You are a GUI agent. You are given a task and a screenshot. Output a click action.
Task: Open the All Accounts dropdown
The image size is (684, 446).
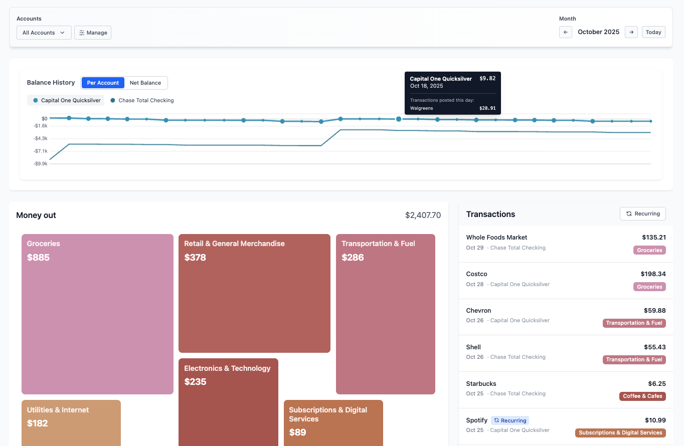pyautogui.click(x=44, y=33)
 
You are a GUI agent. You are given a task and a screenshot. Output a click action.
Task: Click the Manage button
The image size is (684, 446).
pyautogui.click(x=93, y=33)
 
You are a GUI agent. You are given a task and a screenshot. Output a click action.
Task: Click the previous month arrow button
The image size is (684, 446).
pyautogui.click(x=565, y=32)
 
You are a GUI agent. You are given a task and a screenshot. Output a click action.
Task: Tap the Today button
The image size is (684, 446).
pyautogui.click(x=653, y=32)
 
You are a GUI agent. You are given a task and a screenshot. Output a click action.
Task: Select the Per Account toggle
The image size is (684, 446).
pyautogui.click(x=103, y=83)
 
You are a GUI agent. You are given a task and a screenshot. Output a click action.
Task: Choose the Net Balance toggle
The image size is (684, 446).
pyautogui.click(x=145, y=83)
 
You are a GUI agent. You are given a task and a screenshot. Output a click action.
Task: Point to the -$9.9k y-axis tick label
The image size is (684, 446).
pyautogui.click(x=41, y=163)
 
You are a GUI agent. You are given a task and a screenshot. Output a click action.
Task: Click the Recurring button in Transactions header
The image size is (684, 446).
pyautogui.click(x=642, y=213)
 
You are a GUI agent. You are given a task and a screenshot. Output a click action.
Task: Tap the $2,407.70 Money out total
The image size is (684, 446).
pyautogui.click(x=423, y=215)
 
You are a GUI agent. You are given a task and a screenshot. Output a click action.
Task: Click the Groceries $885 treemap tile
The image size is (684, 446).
pyautogui.click(x=97, y=314)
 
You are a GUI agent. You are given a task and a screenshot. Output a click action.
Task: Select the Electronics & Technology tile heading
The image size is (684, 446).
pyautogui.click(x=227, y=368)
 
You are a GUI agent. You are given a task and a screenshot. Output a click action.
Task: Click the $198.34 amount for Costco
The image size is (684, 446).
pyautogui.click(x=653, y=274)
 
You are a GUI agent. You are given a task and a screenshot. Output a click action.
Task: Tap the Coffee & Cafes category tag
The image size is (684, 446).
pyautogui.click(x=642, y=396)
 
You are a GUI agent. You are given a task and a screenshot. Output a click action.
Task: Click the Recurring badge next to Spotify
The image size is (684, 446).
pyautogui.click(x=510, y=420)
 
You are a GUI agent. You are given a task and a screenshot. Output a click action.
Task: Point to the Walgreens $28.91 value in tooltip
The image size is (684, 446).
pyautogui.click(x=487, y=108)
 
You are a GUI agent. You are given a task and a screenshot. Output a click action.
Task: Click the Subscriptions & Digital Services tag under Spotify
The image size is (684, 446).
pyautogui.click(x=620, y=432)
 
